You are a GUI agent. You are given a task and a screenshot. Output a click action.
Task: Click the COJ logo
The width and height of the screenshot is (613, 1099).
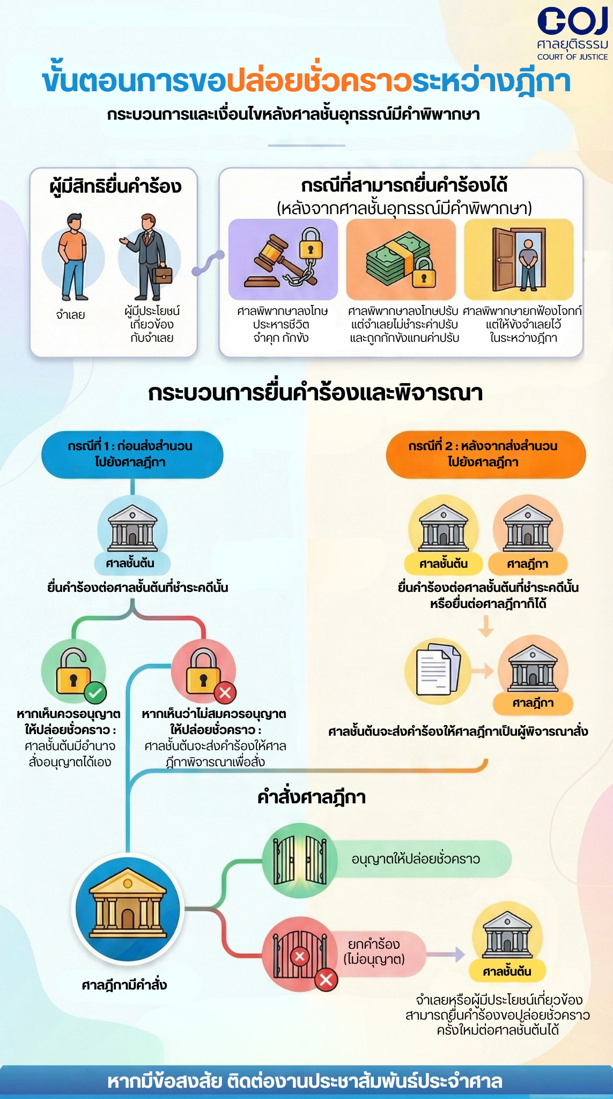point(572,34)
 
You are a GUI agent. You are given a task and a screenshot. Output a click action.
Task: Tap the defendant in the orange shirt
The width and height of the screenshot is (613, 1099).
point(73,257)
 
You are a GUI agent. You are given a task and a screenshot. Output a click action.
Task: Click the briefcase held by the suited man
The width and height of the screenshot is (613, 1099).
point(163,274)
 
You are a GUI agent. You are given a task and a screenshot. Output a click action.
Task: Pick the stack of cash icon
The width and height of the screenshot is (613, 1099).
point(401,259)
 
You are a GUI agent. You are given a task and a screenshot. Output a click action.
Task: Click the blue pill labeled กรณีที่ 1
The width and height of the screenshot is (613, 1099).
point(132,454)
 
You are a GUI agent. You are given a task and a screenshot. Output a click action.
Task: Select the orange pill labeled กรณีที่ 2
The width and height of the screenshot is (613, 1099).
point(485,454)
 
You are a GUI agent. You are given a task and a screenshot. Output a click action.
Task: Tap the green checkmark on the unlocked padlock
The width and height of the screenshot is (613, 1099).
point(95,693)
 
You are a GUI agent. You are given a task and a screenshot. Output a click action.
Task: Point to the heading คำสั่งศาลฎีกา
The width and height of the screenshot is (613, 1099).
point(312,797)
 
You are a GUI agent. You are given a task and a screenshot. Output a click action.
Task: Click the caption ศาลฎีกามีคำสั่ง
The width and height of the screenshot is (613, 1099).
point(124,985)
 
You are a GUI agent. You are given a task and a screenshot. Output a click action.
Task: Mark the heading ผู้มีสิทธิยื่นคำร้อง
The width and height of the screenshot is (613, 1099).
point(115,186)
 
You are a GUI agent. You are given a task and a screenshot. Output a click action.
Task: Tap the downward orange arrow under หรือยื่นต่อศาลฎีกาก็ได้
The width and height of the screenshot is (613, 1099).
point(486,626)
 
